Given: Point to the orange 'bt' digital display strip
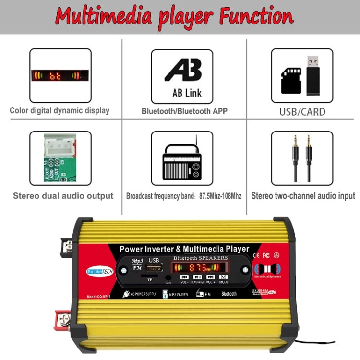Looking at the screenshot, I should click(x=60, y=75).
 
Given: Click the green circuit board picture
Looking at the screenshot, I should click(x=60, y=157).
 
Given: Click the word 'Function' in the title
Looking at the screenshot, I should click(x=255, y=16).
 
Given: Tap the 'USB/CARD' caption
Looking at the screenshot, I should click(x=302, y=112).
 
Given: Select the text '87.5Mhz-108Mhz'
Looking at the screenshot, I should click(x=220, y=196).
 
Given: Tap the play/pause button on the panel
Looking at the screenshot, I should click(x=197, y=277).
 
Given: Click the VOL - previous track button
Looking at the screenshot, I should click(x=184, y=277).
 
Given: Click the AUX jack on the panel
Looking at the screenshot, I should click(x=168, y=277).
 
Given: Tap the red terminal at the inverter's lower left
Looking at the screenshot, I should click(x=64, y=318).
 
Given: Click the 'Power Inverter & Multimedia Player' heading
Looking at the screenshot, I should click(x=184, y=249).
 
